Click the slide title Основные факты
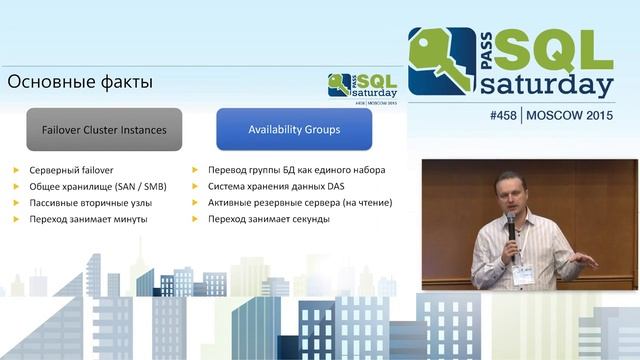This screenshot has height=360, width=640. point(80,81)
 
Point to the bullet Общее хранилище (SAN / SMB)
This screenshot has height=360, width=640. point(98,186)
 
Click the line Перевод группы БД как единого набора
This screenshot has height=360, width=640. point(296,170)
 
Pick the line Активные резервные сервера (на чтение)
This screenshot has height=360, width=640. point(300,202)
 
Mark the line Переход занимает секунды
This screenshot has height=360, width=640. point(269,218)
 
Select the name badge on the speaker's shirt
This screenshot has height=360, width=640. point(523,271)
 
